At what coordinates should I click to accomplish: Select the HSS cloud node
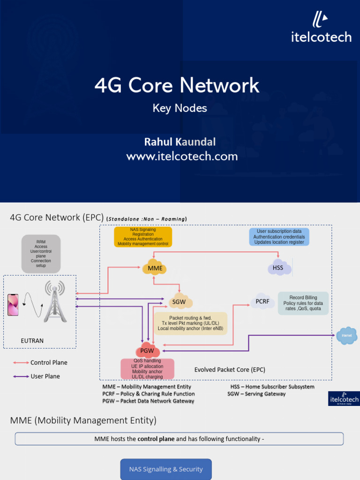coord(279,268)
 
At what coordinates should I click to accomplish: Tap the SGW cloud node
coord(180,302)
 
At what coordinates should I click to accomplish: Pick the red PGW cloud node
coord(147,351)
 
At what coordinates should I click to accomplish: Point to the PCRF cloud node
coord(262,301)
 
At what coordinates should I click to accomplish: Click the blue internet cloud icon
coord(347,336)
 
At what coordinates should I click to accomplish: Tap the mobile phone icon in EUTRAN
coord(13,305)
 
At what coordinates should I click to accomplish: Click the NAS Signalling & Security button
coord(166,469)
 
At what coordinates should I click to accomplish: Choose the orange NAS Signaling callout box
coord(143,237)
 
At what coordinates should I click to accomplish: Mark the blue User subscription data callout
coord(279,236)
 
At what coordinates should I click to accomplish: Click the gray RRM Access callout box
coord(41,254)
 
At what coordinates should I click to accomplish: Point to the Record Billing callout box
coord(303,303)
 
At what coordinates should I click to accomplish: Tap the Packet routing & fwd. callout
coord(190,323)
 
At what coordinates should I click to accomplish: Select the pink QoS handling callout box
coord(147,369)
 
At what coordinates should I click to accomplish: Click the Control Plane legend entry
coord(49,362)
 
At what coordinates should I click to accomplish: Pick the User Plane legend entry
coord(45,376)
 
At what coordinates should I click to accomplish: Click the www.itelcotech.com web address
coord(182,157)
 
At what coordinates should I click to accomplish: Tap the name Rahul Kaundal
coord(180,142)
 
